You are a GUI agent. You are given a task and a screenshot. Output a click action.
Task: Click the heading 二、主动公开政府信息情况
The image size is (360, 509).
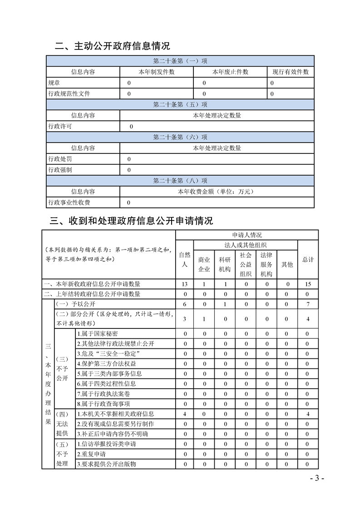tap(112, 46)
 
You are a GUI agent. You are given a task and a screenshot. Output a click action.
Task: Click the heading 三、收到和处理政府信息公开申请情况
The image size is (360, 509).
tap(131, 221)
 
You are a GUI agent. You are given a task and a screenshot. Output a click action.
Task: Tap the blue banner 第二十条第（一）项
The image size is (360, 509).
tap(180, 61)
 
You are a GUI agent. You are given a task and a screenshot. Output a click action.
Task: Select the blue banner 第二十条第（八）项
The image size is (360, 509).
tap(180, 181)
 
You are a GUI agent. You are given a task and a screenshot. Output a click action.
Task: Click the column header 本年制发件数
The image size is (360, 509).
tap(157, 72)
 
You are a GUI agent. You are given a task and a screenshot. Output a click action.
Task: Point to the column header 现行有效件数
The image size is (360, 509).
tap(291, 72)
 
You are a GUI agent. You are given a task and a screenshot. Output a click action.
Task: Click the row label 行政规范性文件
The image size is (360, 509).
tap(69, 94)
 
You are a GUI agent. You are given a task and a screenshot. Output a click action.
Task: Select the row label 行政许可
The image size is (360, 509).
tap(60, 127)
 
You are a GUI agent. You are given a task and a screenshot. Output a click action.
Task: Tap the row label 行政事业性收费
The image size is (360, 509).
tap(69, 202)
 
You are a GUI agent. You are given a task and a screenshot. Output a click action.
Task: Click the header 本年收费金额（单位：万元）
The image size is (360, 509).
tap(217, 191)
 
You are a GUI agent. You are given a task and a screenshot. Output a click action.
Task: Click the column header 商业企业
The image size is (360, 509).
tap(205, 264)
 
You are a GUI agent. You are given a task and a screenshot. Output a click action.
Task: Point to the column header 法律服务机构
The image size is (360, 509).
tap(266, 264)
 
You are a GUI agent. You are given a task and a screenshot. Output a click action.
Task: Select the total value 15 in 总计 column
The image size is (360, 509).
tap(308, 284)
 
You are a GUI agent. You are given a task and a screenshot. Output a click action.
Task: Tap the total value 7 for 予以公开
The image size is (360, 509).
tap(308, 304)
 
